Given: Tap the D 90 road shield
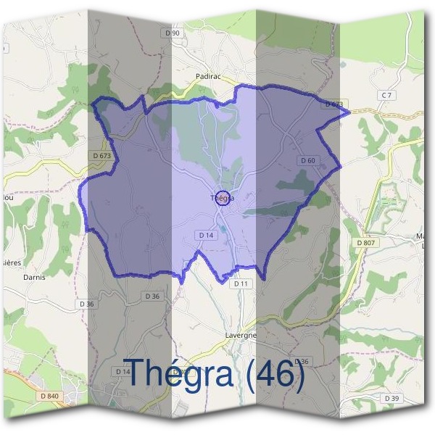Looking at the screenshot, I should click(172, 33).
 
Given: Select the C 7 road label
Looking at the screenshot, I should click(386, 96).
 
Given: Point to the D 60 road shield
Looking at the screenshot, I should click(307, 160).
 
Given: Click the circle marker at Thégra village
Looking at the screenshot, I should click(223, 197).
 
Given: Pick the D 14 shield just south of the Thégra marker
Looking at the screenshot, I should click(206, 235).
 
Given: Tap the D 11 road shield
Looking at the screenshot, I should click(241, 283).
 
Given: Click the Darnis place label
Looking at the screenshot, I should click(34, 277).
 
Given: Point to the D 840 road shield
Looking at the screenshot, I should click(50, 395).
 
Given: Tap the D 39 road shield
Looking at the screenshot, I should click(391, 398).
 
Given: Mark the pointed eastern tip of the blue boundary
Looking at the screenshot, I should click(349, 112).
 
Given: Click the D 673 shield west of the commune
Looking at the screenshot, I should click(102, 155).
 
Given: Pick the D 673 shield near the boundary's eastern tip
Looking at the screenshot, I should click(333, 104).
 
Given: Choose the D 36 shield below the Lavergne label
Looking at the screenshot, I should click(302, 361).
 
